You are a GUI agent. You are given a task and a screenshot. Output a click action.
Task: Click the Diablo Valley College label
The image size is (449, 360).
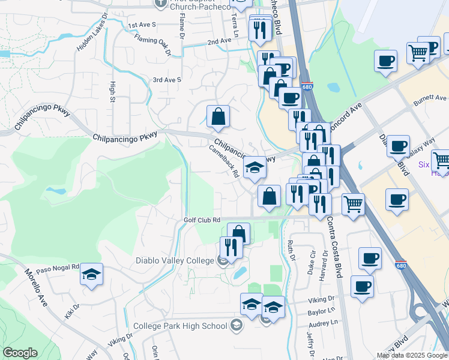(x=175, y=260)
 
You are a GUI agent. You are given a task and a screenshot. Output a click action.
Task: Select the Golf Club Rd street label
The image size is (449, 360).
(x=202, y=220)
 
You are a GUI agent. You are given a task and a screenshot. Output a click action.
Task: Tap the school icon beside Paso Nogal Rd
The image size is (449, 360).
(x=91, y=275)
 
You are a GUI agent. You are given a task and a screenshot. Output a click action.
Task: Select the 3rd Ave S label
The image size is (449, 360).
(x=167, y=80)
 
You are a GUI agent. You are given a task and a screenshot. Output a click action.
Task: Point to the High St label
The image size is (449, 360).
(x=112, y=92)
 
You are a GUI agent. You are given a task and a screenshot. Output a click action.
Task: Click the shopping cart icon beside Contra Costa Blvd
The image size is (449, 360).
(x=353, y=204)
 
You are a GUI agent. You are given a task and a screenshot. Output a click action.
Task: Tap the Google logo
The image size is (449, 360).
(x=20, y=353)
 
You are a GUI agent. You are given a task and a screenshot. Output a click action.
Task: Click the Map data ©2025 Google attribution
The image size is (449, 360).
(x=411, y=355)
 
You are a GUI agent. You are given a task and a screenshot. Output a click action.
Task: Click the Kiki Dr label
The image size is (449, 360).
(x=73, y=311)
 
